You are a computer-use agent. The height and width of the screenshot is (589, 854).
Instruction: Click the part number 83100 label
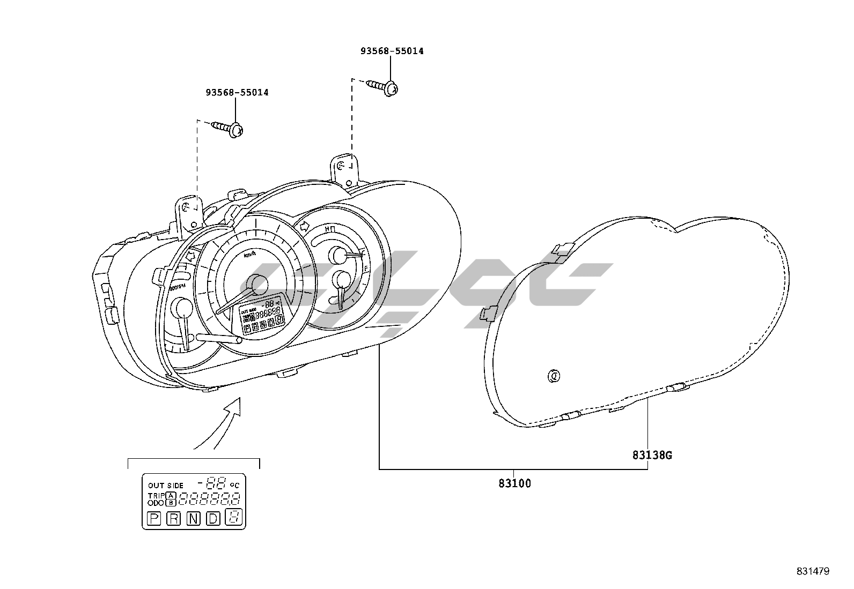514,483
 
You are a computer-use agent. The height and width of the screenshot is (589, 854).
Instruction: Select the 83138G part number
652,456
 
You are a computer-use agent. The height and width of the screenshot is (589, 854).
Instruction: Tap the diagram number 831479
813,571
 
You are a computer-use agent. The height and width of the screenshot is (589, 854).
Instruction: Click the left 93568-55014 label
237,93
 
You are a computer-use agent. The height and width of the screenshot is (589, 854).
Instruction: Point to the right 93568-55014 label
392,51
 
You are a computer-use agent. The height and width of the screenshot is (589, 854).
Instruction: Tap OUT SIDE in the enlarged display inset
166,486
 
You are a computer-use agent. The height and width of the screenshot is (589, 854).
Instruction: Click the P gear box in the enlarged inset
154,518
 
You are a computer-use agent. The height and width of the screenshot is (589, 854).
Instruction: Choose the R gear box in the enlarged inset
174,518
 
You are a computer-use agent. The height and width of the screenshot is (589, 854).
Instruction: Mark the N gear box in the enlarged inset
193,518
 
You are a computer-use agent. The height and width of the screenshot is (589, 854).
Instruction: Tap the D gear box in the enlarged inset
213,518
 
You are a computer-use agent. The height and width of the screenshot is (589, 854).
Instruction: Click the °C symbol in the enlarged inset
234,485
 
